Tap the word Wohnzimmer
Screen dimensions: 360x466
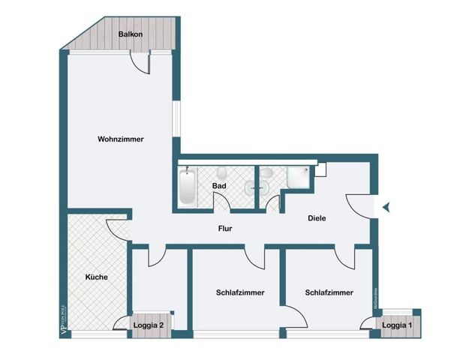[x=120, y=139]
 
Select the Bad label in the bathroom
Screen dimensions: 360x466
[x=219, y=185]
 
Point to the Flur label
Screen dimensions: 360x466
[x=225, y=229]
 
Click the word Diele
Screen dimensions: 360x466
[x=317, y=218]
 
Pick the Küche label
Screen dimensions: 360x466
[x=96, y=277]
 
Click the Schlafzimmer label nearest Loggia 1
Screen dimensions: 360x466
[x=329, y=292]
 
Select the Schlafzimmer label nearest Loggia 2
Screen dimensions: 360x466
[x=239, y=292]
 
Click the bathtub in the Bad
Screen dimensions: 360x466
[x=187, y=187]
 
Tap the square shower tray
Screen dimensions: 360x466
[x=300, y=178]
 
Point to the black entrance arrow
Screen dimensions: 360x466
[x=386, y=208]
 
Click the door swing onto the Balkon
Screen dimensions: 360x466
[x=140, y=63]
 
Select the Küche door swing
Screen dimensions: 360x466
[x=119, y=226]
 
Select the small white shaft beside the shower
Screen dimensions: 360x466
[x=320, y=169]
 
